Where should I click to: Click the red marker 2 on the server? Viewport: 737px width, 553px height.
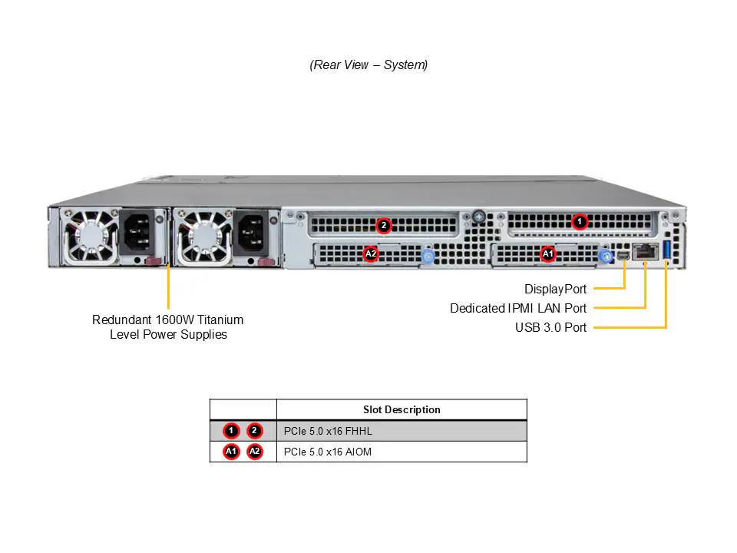coord(384,226)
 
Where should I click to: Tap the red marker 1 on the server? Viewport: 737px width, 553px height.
coord(580,221)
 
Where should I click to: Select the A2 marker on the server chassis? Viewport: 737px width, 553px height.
coord(371,254)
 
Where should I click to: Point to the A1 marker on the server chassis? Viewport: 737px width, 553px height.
coord(548,254)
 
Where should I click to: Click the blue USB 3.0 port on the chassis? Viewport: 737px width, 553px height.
coord(666,250)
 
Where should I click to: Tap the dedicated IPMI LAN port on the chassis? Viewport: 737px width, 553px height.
coord(646,252)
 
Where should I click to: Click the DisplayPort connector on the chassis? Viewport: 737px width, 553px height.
coord(623,256)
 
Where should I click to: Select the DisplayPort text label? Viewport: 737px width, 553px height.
coord(555,290)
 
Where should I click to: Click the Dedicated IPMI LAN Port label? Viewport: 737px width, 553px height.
coord(518,309)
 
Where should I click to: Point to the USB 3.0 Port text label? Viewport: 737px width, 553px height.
coord(550,327)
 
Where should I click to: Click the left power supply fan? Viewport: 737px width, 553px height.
coord(91,236)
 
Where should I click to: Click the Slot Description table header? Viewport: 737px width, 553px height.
coord(402,409)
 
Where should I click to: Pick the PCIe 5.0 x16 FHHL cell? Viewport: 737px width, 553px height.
coord(328,431)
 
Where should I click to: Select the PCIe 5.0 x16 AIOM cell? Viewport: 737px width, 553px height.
coord(328,452)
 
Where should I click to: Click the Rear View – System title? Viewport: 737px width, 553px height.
coord(368,65)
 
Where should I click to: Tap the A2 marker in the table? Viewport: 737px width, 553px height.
coord(254,452)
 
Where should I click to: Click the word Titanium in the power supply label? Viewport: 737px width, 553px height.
coord(220,320)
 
